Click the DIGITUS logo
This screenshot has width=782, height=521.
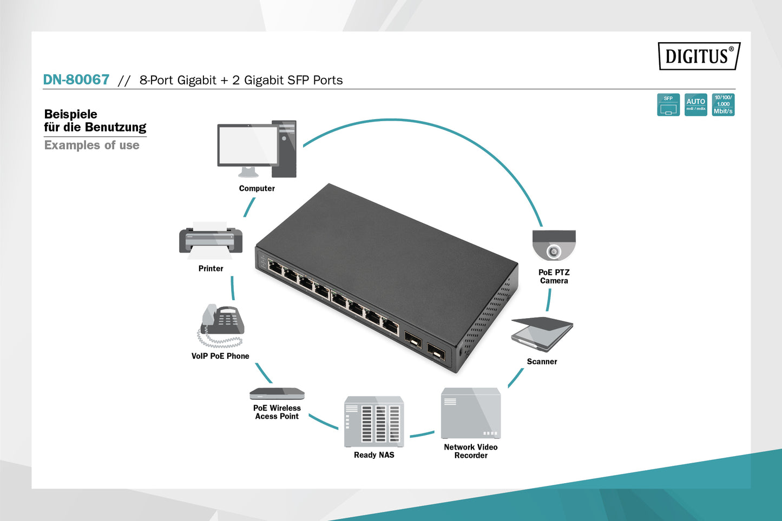pyautogui.click(x=699, y=56)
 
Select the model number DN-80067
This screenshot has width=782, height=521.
pyautogui.click(x=76, y=80)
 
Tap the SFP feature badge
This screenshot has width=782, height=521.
pyautogui.click(x=668, y=105)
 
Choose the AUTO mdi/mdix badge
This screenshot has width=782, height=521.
pyautogui.click(x=695, y=105)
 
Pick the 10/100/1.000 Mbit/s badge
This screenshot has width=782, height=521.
pyautogui.click(x=723, y=105)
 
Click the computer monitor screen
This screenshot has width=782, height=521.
pyautogui.click(x=248, y=145)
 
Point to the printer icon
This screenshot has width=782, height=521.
pyautogui.click(x=211, y=241)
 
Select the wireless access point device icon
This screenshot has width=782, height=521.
pyautogui.click(x=277, y=393)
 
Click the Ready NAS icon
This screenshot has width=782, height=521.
pyautogui.click(x=374, y=421)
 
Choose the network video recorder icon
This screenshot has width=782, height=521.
pyautogui.click(x=470, y=413)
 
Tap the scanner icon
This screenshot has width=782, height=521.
pyautogui.click(x=542, y=334)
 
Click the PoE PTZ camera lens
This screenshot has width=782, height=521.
pyautogui.click(x=554, y=252)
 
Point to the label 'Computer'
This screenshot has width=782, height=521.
pyautogui.click(x=257, y=188)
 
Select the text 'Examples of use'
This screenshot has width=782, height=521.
pyautogui.click(x=91, y=145)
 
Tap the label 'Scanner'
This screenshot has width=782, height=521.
pyautogui.click(x=542, y=361)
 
